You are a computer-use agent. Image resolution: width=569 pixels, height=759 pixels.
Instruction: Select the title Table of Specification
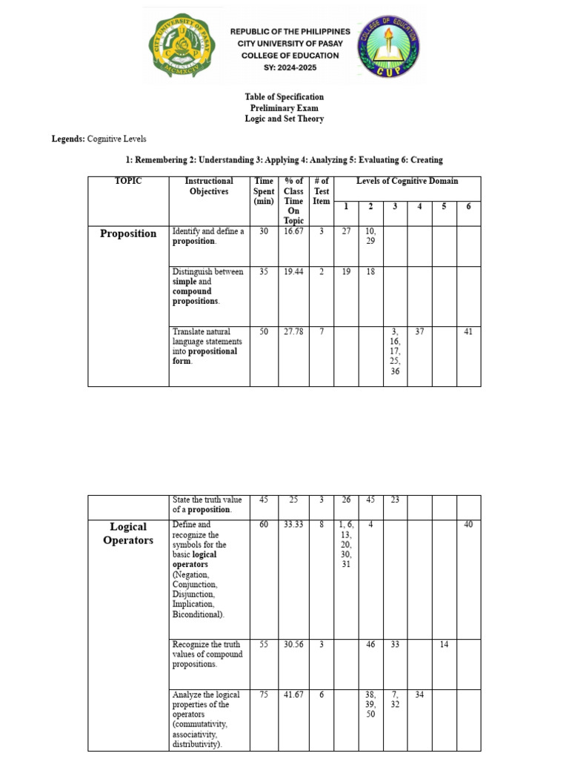[284, 97]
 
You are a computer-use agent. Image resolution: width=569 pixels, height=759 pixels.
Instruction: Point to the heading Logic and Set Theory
[284, 119]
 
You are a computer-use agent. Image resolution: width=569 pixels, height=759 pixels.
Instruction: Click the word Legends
[67, 139]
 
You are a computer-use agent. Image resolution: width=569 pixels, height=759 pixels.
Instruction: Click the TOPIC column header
[128, 181]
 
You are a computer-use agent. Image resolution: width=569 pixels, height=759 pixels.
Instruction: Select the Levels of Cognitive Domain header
[407, 181]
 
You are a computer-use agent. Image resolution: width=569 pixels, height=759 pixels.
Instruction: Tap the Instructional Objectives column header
[209, 186]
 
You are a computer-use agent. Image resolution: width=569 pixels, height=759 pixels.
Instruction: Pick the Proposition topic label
[128, 233]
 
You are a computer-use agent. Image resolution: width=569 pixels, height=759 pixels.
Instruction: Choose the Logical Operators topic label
[128, 533]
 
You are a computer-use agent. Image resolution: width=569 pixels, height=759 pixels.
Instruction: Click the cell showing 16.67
[293, 231]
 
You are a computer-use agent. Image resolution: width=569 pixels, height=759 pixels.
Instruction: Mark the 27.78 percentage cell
[293, 332]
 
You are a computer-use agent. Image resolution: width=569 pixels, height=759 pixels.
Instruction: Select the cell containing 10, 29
[370, 236]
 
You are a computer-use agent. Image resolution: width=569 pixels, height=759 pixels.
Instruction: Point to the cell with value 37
[419, 332]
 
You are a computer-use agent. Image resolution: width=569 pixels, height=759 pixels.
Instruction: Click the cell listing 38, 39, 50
[370, 705]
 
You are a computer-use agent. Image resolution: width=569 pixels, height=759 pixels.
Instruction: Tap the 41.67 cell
[293, 695]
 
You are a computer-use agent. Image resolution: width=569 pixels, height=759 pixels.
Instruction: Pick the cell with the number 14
[444, 645]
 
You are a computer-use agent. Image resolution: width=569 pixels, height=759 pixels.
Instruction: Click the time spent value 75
[264, 695]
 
